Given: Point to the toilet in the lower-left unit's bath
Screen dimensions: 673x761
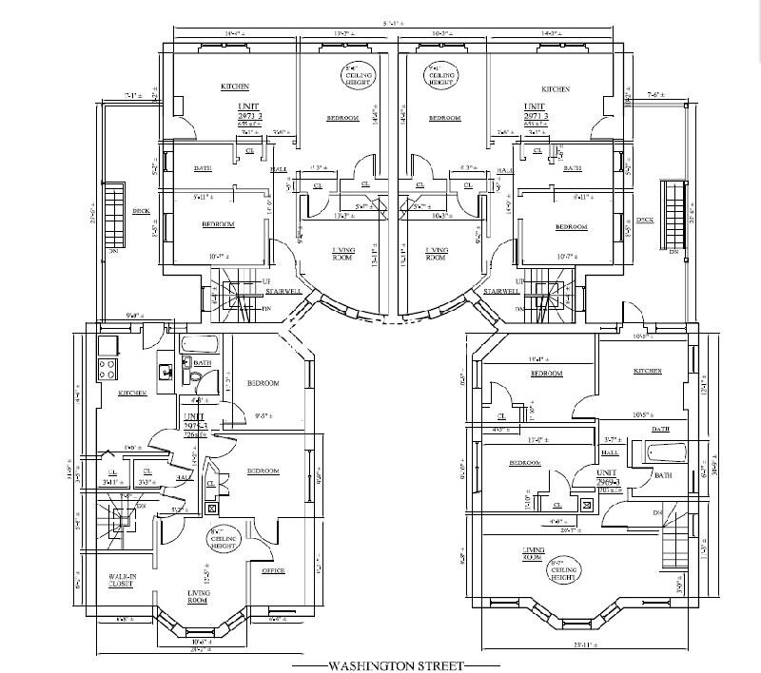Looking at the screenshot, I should coord(195,376).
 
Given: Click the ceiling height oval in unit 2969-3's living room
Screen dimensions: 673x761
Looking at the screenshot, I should coord(561,570).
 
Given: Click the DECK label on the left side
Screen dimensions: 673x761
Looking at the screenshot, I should coord(141,212).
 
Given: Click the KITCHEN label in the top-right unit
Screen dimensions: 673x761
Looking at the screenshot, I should coord(556,89).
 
